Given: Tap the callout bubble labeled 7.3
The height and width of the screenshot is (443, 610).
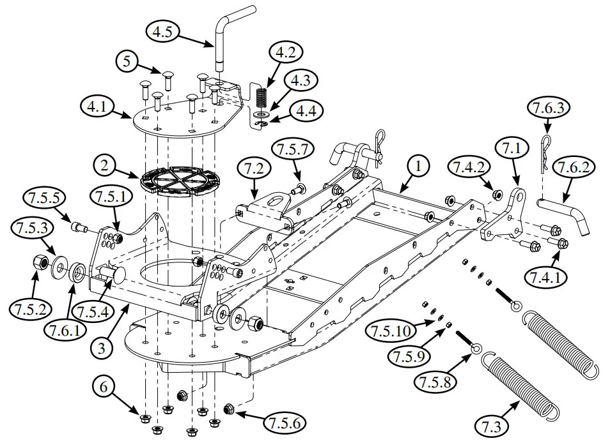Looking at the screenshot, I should tap(496, 424).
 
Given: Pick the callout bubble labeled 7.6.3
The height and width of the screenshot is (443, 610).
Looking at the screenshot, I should tap(545, 109).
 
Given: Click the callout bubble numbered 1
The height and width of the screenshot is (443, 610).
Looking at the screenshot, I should tap(418, 168).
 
